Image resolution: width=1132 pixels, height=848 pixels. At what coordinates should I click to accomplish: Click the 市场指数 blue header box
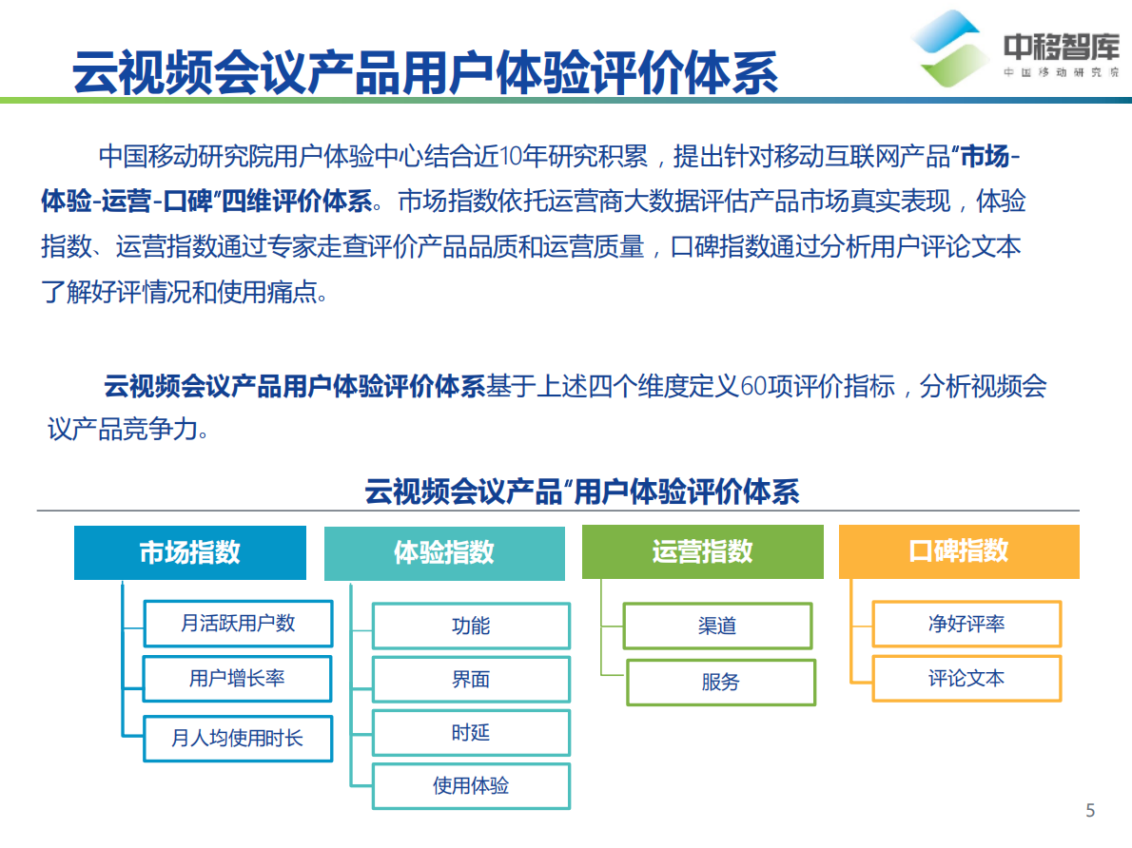point(190,552)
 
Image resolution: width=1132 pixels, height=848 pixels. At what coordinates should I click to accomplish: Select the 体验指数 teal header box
point(443,552)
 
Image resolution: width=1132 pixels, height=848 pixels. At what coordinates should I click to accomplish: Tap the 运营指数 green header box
point(702,551)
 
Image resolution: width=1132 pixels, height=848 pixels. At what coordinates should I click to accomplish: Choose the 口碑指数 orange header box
point(959,551)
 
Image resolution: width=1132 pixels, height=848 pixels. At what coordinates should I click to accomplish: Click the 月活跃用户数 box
point(238,624)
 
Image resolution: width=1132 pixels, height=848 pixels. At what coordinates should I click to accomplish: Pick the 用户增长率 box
point(238,679)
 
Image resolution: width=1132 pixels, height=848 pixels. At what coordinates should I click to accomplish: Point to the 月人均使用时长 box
point(238,738)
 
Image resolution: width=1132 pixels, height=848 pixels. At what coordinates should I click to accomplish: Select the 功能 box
point(471,626)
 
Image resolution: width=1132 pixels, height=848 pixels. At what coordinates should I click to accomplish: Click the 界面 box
point(471,680)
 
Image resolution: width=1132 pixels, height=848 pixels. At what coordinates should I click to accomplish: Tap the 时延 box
point(471,733)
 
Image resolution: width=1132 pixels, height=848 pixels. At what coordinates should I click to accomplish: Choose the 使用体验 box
point(471,786)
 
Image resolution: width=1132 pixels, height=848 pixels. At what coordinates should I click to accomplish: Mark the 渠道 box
point(717,626)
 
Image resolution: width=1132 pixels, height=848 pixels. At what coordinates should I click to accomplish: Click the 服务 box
point(721,682)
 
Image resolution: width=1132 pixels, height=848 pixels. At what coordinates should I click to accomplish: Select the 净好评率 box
point(966,625)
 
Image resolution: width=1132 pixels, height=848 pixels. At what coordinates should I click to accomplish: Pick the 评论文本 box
point(966,679)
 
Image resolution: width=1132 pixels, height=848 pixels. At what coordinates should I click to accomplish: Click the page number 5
point(1090,811)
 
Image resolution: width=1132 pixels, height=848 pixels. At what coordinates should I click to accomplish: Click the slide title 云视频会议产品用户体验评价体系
point(425,70)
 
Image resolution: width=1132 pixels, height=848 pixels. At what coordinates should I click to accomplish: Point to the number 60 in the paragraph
point(752,387)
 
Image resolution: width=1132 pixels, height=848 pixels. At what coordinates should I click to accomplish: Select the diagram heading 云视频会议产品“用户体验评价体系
point(581,491)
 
